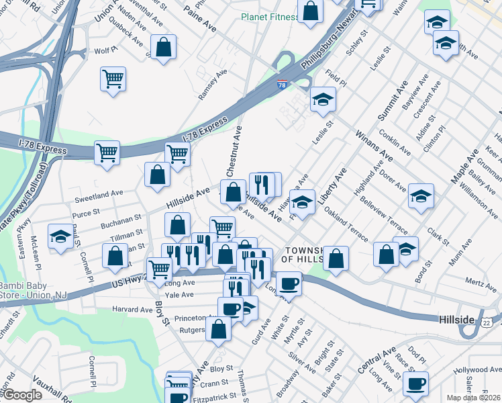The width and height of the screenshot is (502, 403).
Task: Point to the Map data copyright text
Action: pos(474,398)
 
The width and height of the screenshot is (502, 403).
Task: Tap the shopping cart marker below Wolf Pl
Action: pos(113,78)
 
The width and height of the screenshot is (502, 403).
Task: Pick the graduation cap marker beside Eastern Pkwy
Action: pos(60,237)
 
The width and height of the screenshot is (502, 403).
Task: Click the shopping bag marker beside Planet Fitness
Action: pos(310,11)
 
